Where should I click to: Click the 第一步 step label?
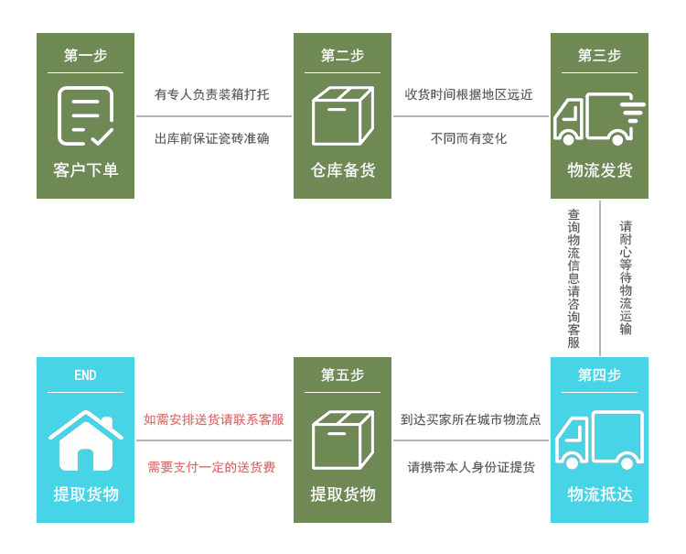[x=85, y=56]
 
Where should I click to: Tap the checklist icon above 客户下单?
[x=85, y=116]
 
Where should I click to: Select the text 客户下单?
[x=85, y=170]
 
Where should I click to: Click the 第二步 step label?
[x=342, y=56]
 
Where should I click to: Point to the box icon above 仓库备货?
[x=342, y=116]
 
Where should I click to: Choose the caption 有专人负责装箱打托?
[x=212, y=94]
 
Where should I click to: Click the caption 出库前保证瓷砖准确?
[x=212, y=139]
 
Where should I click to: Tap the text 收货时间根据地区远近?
[x=469, y=94]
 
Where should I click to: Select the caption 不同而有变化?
[x=469, y=139]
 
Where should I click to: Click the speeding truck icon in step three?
[x=598, y=118]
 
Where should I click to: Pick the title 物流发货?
[x=599, y=170]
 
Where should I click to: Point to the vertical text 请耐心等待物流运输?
[x=626, y=277]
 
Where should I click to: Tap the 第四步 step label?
[x=599, y=375]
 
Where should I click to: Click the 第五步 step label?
[x=342, y=375]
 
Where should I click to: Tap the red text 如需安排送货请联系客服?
[x=213, y=420]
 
